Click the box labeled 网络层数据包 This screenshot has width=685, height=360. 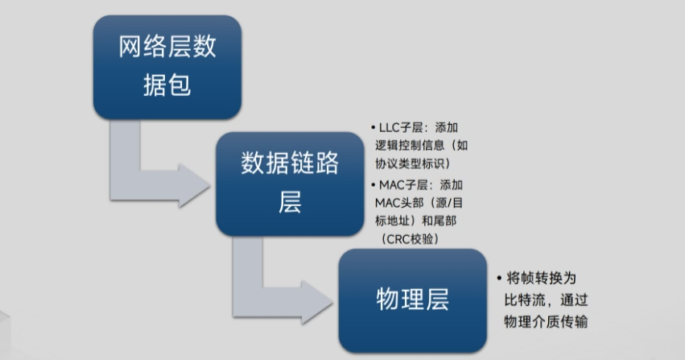167,67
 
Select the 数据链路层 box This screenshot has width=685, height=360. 290,183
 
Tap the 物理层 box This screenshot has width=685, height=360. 412,299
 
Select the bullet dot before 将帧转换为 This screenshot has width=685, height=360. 501,278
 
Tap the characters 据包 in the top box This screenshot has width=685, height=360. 167,84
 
